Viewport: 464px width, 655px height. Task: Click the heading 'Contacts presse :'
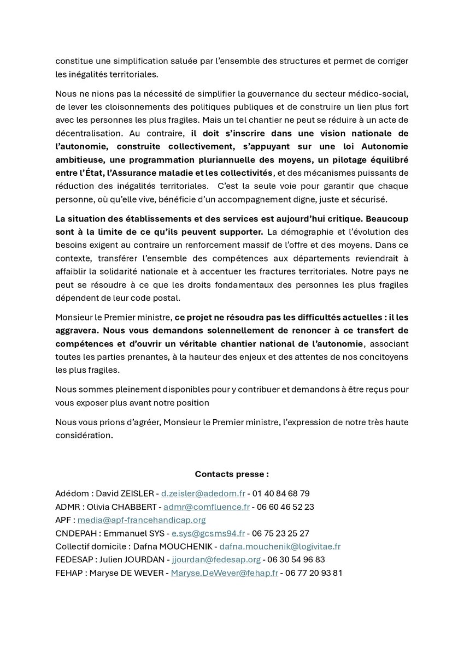232,474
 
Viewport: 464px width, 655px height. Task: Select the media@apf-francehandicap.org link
142,520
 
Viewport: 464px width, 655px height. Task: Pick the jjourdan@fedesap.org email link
215,560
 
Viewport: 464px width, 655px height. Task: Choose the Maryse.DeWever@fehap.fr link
225,573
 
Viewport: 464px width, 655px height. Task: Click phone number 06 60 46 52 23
286,507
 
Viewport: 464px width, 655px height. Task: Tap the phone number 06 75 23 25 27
281,533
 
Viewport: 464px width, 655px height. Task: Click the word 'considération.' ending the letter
85,436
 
